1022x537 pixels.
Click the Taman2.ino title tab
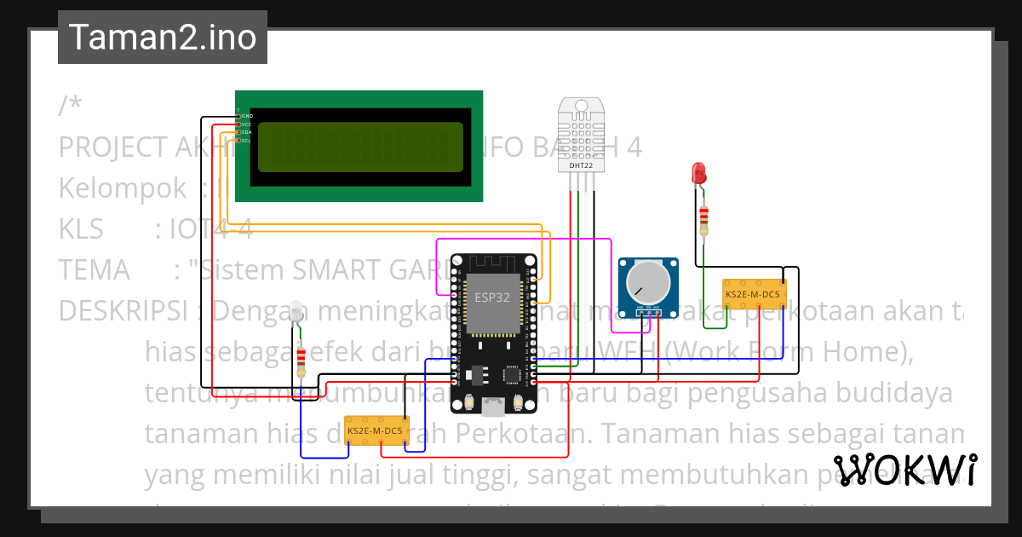[162, 38]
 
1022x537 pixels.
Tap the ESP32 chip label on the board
[492, 298]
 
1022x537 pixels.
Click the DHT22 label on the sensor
[581, 165]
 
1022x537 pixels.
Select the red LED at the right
[699, 173]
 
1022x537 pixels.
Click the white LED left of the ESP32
[296, 312]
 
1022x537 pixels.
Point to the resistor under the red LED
[703, 219]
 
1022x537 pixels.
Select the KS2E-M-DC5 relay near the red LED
[753, 294]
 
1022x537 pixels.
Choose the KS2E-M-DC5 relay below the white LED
[376, 430]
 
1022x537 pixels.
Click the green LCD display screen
[360, 147]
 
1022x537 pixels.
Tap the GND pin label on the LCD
[246, 116]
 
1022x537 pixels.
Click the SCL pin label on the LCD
[246, 141]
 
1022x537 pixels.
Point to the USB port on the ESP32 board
[492, 407]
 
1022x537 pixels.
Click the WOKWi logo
[904, 471]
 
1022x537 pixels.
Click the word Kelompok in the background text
[121, 188]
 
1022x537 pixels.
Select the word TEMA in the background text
[94, 270]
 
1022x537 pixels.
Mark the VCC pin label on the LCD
[246, 124]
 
